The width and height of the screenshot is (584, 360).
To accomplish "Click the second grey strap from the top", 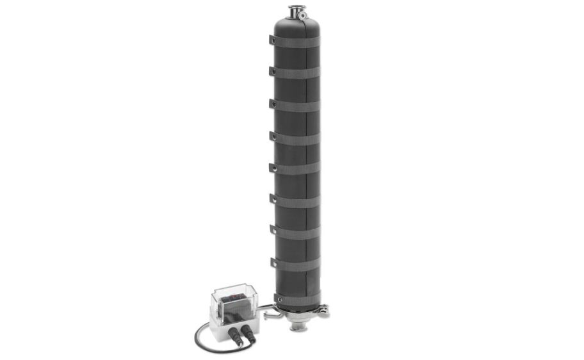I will click(x=296, y=72).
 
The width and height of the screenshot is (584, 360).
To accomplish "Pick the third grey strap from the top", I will click(x=296, y=105).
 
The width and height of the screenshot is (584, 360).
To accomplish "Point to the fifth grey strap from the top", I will click(x=296, y=168).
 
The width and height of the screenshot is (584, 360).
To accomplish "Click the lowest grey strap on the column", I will click(x=299, y=296).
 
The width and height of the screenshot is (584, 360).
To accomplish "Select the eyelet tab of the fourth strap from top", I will click(x=272, y=135).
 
